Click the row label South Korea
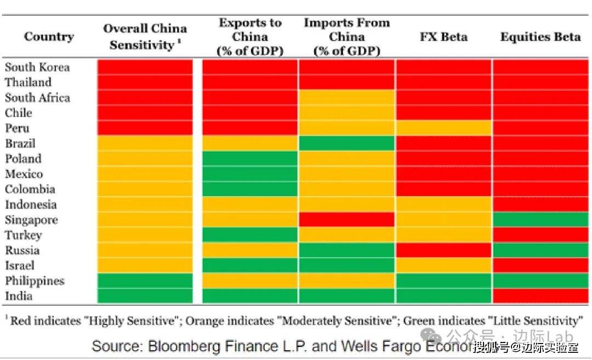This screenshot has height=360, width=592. pyautogui.click(x=37, y=67)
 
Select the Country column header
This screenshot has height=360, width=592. pyautogui.click(x=49, y=37)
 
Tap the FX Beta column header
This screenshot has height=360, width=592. pyautogui.click(x=443, y=37)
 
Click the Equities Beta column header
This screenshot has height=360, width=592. pyautogui.click(x=540, y=37)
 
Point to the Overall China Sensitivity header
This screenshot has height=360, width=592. pyautogui.click(x=145, y=37)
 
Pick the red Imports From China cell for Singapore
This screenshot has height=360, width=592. pyautogui.click(x=346, y=220)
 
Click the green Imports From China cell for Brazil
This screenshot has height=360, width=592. pyautogui.click(x=346, y=144)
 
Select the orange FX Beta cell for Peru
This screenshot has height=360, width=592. pyautogui.click(x=443, y=128)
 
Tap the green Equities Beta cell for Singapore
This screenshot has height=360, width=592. pyautogui.click(x=540, y=220)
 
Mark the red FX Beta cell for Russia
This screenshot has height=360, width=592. pyautogui.click(x=443, y=250)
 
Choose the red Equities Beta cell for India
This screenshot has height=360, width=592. pyautogui.click(x=540, y=296)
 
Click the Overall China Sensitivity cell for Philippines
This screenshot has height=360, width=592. pyautogui.click(x=145, y=281)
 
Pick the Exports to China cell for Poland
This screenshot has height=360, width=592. pyautogui.click(x=250, y=159)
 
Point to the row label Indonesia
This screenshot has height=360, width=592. pyautogui.click(x=31, y=205)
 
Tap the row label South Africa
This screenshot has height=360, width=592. pyautogui.click(x=37, y=98)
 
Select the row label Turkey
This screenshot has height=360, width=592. pyautogui.click(x=23, y=235)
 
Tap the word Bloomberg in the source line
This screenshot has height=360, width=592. pyautogui.click(x=173, y=346)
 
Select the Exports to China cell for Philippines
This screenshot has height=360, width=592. pyautogui.click(x=250, y=281)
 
